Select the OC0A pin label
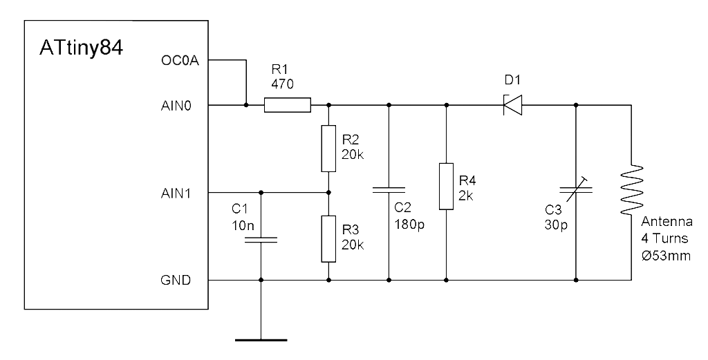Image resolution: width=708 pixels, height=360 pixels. click(x=179, y=60)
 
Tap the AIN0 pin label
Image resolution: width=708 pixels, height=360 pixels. click(x=176, y=106)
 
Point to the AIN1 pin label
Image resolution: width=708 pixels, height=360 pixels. click(x=176, y=193)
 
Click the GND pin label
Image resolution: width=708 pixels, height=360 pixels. click(x=176, y=280)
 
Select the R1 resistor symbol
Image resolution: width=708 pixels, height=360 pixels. click(x=288, y=105)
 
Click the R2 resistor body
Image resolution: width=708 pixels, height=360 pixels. click(x=328, y=149)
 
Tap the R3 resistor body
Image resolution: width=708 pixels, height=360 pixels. click(x=328, y=238)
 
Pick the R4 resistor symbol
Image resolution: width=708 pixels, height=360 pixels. click(x=446, y=187)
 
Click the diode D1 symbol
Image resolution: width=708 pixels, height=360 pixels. click(x=512, y=105)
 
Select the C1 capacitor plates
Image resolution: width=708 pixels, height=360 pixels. click(x=261, y=240)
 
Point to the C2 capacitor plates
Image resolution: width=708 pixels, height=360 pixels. click(x=389, y=190)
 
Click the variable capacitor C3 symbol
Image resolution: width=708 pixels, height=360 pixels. click(x=576, y=189)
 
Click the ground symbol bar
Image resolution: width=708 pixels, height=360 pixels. click(x=261, y=340)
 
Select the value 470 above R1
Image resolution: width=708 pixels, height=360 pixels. click(x=282, y=84)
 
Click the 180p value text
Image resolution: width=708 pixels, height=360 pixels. click(x=409, y=224)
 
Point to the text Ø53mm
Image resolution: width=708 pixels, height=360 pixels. click(x=666, y=256)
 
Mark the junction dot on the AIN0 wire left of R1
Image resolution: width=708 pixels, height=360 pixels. click(x=246, y=105)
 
